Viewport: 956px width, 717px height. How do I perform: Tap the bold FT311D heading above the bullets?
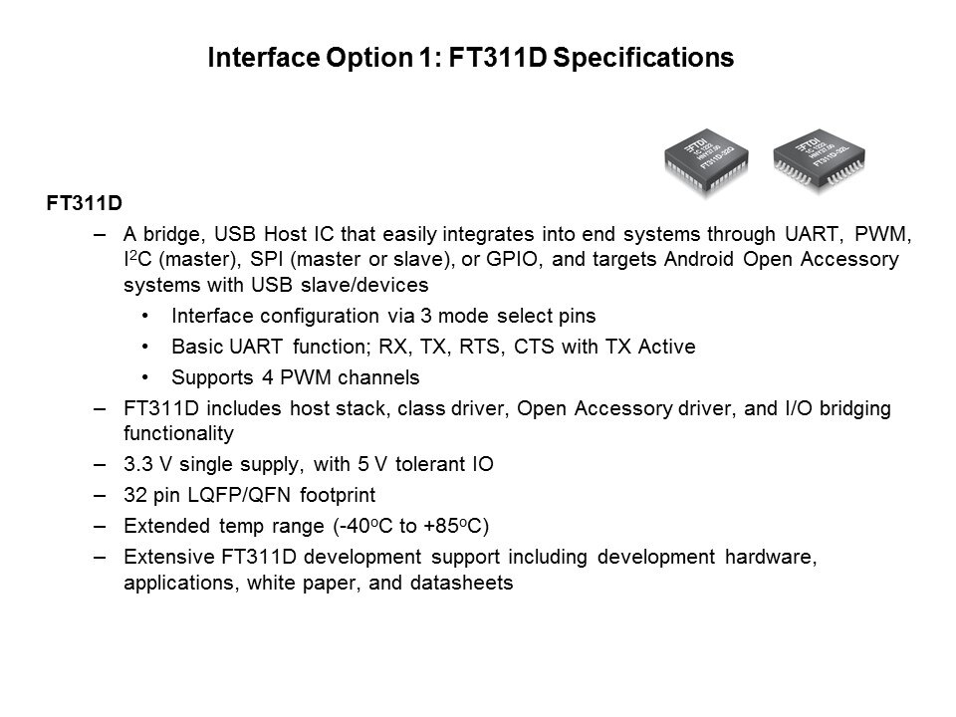pos(84,202)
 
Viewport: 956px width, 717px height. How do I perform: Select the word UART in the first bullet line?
pos(811,234)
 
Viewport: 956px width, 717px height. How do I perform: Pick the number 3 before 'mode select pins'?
pos(425,316)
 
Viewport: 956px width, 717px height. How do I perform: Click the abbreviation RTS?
pos(481,347)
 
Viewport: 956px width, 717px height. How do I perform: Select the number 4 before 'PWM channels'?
pos(268,377)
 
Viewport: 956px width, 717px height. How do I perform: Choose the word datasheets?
pos(461,583)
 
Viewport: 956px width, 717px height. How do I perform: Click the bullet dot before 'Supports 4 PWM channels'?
pos(145,377)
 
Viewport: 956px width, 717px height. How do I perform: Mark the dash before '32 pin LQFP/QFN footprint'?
pos(100,495)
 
